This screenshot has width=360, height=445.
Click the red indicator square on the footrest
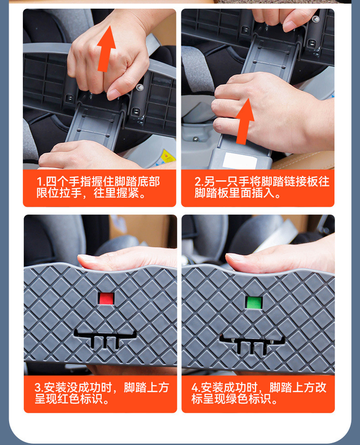coord(106,298)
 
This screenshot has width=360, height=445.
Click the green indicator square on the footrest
coord(254,302)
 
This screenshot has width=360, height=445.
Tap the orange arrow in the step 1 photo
coord(106,49)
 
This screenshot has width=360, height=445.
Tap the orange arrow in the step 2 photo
coord(244,122)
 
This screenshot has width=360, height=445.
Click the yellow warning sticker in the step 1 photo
coord(167,157)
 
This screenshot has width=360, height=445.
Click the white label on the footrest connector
coord(240,161)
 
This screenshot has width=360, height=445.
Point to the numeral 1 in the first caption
coord(39,182)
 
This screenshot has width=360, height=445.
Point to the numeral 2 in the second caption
coord(198,182)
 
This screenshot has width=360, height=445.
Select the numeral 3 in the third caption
coord(38,388)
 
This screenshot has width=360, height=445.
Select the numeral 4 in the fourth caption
coord(195,388)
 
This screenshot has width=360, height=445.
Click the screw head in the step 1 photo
coord(140,87)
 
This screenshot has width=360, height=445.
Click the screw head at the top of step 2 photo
coord(315,19)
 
